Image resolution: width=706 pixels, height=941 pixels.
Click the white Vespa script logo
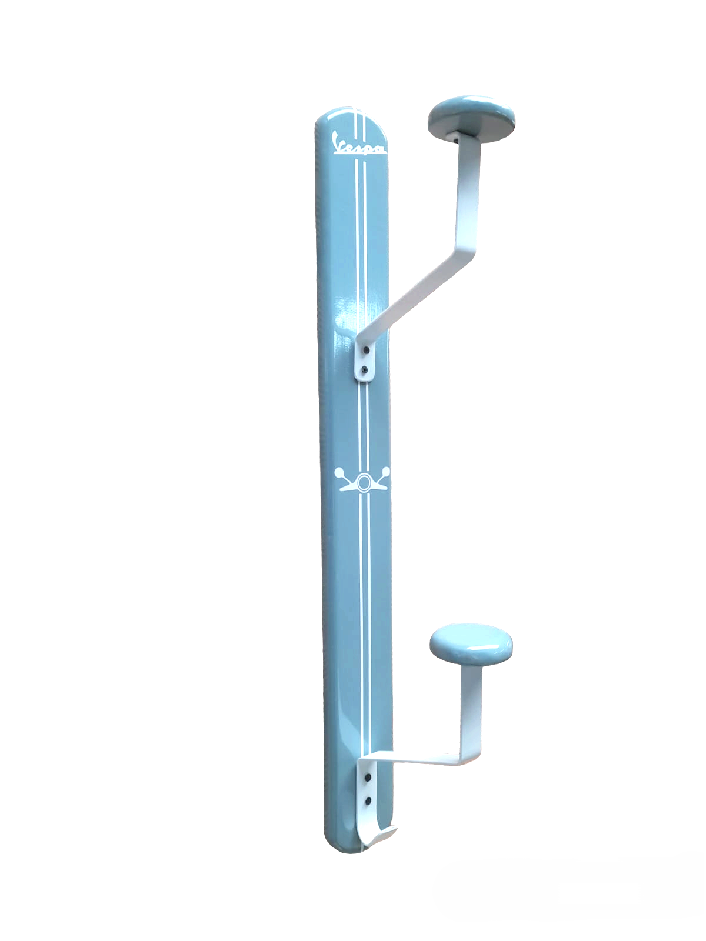coord(359,144)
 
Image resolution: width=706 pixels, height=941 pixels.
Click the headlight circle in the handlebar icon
coord(364,482)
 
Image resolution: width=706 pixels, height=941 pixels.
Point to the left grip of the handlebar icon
coord(338,472)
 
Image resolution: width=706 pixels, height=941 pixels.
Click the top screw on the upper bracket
coord(366,351)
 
